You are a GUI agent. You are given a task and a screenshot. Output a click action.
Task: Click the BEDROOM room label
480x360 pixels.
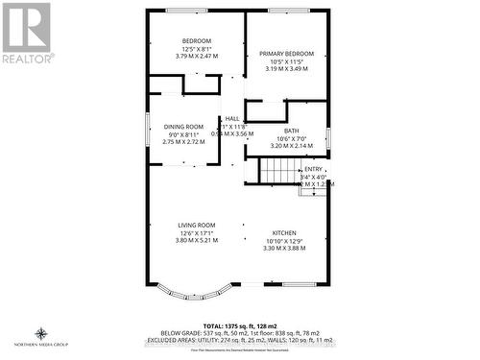point(197,40)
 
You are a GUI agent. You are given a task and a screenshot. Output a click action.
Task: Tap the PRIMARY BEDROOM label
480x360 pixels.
point(286,54)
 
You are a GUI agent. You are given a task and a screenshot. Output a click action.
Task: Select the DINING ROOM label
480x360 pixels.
point(182,127)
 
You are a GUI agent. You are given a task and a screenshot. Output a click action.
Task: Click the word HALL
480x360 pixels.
point(232,118)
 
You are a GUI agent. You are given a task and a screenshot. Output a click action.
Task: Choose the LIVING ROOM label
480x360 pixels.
point(196,226)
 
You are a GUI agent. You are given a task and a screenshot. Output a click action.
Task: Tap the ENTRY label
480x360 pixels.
point(313,169)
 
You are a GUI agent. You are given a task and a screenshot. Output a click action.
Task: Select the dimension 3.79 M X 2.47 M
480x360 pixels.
point(197,56)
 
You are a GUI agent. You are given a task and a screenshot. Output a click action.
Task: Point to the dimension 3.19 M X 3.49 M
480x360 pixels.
point(286,69)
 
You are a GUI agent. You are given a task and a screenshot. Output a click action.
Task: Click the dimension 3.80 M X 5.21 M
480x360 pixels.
point(196,241)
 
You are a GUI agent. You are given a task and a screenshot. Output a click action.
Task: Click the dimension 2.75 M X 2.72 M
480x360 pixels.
point(182,142)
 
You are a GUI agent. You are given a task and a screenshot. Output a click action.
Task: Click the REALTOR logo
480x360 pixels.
point(26,33)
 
